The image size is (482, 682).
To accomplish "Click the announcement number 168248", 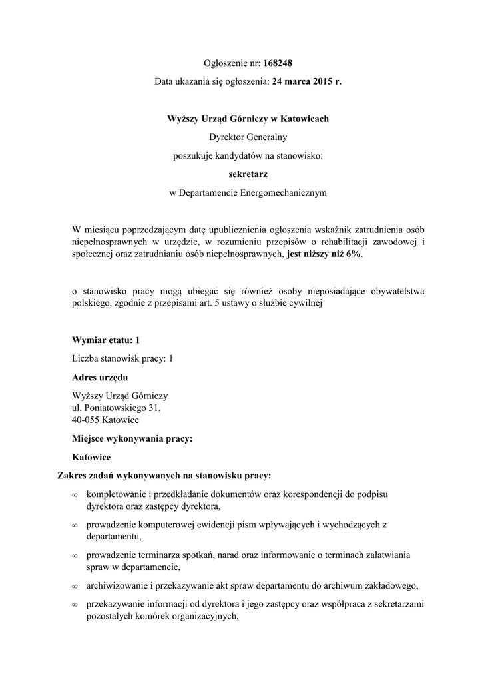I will (278, 63).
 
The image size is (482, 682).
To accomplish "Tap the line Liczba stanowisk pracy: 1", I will (122, 358).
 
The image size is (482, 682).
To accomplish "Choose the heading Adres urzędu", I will (100, 377).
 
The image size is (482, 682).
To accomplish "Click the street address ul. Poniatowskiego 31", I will (117, 408).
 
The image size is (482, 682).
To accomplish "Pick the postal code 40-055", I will (87, 420).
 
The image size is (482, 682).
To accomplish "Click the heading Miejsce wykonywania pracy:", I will (132, 439).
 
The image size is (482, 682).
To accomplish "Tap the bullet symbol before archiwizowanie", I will (75, 587).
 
